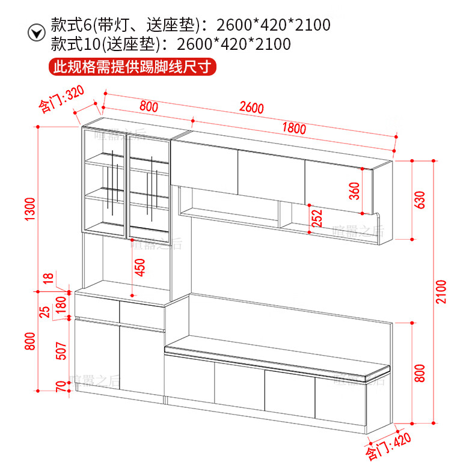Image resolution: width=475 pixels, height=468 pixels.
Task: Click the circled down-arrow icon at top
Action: (37, 32)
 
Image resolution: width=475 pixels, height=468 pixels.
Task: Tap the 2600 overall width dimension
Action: (251, 108)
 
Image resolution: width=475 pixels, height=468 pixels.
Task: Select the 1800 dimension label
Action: (293, 128)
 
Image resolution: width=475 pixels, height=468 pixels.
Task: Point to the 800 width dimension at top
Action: (149, 107)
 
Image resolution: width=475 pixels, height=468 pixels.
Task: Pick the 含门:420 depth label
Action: (388, 445)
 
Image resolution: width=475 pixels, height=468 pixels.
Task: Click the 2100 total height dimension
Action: (441, 291)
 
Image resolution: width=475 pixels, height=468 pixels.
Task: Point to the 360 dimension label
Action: (354, 190)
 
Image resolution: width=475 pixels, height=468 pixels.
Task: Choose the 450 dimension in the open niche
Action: (140, 267)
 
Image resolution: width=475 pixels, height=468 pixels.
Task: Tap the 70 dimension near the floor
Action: (60, 387)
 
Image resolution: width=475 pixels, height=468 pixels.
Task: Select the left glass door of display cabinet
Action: (102, 180)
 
